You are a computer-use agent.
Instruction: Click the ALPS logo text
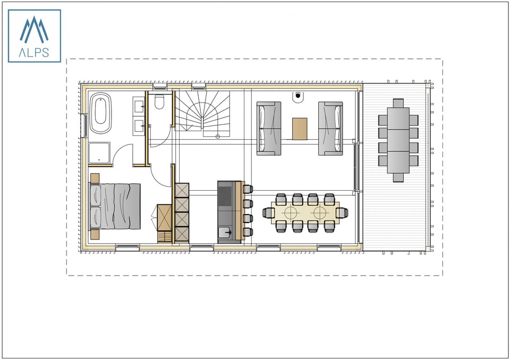pyautogui.click(x=34, y=52)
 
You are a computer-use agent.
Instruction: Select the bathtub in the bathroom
pyautogui.click(x=100, y=114)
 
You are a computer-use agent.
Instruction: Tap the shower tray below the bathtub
pyautogui.click(x=99, y=152)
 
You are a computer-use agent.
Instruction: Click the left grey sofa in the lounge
pyautogui.click(x=269, y=128)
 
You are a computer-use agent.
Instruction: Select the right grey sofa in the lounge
pyautogui.click(x=330, y=128)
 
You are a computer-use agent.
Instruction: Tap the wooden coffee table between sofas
pyautogui.click(x=300, y=128)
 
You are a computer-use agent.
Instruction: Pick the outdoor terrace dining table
pyautogui.click(x=398, y=140)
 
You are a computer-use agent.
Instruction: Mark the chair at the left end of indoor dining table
pyautogui.click(x=268, y=213)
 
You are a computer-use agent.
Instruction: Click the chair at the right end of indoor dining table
pyautogui.click(x=343, y=213)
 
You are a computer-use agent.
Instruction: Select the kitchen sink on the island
pyautogui.click(x=225, y=232)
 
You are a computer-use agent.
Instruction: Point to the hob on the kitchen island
pyautogui.click(x=225, y=194)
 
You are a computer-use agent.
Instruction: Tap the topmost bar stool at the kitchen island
pyautogui.click(x=248, y=188)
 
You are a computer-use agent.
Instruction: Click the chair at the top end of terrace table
pyautogui.click(x=398, y=103)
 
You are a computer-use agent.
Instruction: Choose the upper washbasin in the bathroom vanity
pyautogui.click(x=140, y=107)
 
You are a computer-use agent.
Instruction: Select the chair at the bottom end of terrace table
pyautogui.click(x=398, y=177)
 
